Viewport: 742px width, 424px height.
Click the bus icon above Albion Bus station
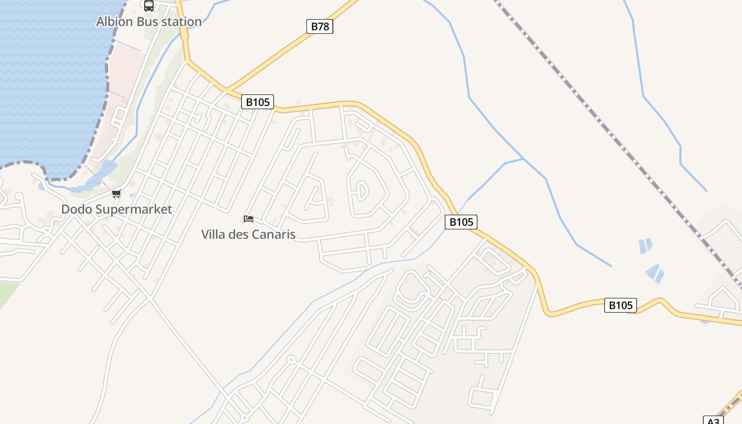pos(149,6)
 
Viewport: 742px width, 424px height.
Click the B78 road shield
pos(320,26)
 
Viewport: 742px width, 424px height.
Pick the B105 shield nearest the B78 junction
pos(258,102)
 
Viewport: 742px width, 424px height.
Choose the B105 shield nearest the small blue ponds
pos(620,305)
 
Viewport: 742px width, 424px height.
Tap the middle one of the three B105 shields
pos(461,222)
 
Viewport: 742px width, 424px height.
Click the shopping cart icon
pos(116,194)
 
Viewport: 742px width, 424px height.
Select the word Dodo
pos(76,209)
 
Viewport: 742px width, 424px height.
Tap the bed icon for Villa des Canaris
pos(248,218)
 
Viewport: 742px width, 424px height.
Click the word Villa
pos(214,234)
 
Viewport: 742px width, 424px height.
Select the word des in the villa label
pos(239,234)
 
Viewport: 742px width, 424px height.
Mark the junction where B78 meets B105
pos(226,89)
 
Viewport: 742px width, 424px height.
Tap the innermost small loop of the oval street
pos(361,190)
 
